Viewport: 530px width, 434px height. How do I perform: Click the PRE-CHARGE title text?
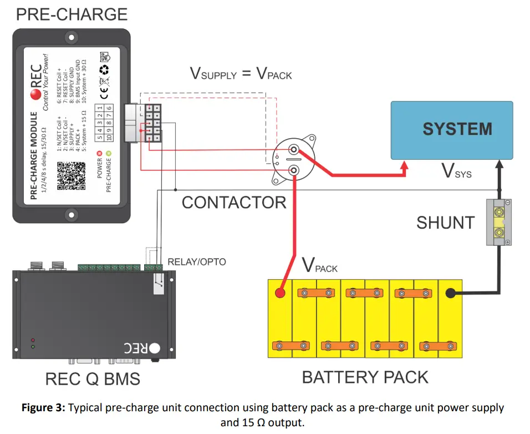72,14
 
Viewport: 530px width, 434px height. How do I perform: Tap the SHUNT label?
445,223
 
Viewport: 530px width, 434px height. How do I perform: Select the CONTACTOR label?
234,203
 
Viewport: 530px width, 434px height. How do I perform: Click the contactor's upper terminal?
294,149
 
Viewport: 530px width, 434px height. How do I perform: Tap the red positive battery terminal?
281,293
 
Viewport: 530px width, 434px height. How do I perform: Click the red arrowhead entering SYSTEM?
406,165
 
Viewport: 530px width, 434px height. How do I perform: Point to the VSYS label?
456,171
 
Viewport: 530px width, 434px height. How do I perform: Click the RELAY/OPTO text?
197,261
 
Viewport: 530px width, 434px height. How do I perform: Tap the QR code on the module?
72,176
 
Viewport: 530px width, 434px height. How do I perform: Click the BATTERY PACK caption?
365,377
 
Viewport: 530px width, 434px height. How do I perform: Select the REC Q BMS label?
93,380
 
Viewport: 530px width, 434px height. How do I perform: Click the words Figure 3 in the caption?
43,408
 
